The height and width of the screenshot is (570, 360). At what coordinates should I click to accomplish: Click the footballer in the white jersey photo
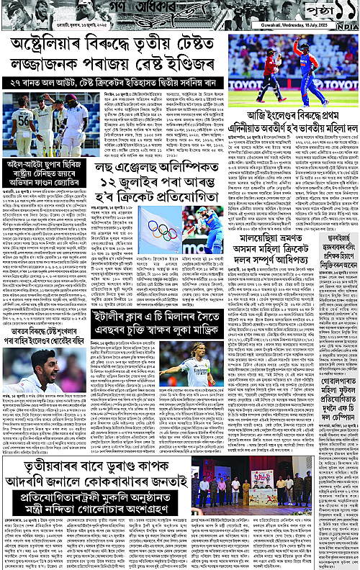pos(201,367)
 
